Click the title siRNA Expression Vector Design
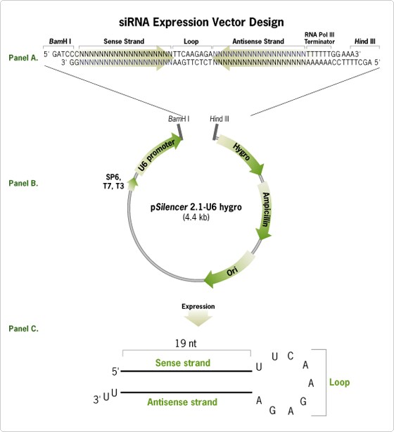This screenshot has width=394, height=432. click(x=201, y=22)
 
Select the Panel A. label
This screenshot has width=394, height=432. click(x=23, y=58)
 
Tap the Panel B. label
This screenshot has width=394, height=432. click(x=23, y=183)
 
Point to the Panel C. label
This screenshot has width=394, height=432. click(x=23, y=329)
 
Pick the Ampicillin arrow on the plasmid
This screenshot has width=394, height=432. click(x=265, y=211)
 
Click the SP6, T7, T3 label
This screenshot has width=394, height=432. click(x=113, y=182)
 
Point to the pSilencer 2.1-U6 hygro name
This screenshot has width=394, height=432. click(x=196, y=207)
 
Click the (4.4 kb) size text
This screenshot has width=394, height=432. click(x=196, y=217)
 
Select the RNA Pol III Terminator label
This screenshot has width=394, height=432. click(x=319, y=38)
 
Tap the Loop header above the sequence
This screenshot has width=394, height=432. click(x=191, y=42)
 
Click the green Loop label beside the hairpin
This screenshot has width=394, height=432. click(x=339, y=382)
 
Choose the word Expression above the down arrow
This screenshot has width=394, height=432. click(x=198, y=306)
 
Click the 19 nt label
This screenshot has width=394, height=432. click(x=186, y=343)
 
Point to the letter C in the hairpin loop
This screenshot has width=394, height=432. click(x=291, y=356)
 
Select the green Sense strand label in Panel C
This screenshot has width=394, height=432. click(x=183, y=362)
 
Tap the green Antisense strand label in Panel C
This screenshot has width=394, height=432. click(x=182, y=402)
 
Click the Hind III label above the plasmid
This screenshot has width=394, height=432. click(x=220, y=119)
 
